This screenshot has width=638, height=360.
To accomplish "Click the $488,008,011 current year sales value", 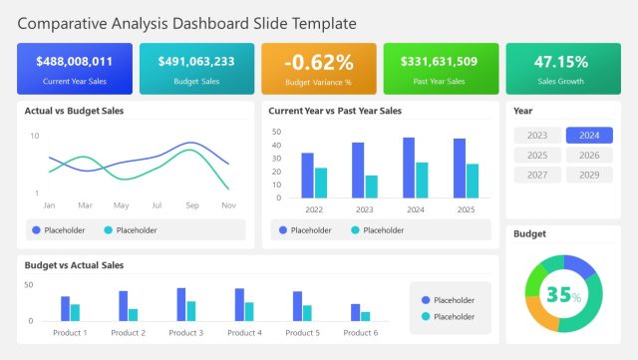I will (74, 62).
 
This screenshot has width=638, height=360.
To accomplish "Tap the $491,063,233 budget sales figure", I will (196, 62).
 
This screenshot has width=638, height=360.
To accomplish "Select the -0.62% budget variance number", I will (319, 63).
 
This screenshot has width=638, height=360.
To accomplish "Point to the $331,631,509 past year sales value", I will (441, 62).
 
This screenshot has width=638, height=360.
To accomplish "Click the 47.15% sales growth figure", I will (563, 62).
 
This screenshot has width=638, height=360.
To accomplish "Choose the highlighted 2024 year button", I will (589, 136).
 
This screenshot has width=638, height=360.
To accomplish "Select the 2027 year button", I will (537, 175).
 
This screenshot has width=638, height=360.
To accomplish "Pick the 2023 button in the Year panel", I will (537, 136).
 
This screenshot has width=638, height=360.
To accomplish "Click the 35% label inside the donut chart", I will (563, 295).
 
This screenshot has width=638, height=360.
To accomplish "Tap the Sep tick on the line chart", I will (192, 205).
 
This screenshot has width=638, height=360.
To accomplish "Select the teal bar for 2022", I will (321, 182).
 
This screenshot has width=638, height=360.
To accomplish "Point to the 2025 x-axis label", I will (466, 209).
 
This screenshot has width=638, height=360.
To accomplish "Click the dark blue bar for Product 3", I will (181, 303).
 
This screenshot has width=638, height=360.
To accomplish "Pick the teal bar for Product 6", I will (366, 316).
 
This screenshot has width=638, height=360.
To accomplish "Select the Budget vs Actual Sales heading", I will (74, 265).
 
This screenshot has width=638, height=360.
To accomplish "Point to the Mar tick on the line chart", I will (85, 205).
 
